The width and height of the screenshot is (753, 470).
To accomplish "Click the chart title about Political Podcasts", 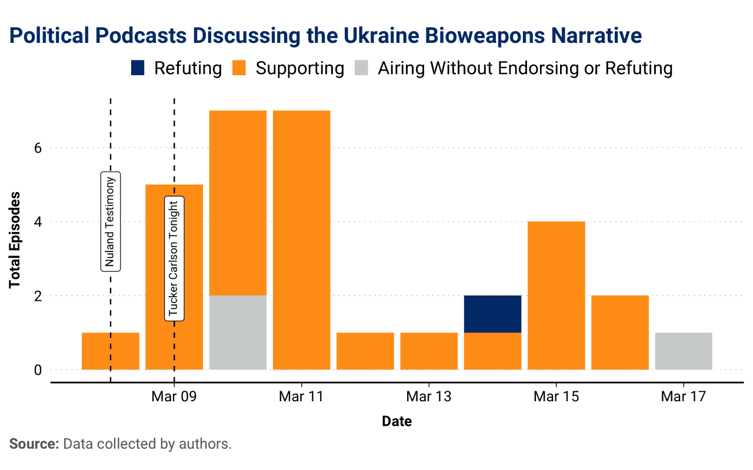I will coord(325,36).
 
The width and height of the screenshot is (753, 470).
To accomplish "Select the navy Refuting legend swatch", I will coord(137,68).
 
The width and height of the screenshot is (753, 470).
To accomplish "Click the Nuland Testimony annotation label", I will coord(111,221).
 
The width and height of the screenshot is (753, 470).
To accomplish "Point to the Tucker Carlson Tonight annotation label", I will coord(174,258).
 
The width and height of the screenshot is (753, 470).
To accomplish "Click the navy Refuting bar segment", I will coord(492,314).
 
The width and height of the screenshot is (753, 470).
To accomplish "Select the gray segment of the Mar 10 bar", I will coord(238,333).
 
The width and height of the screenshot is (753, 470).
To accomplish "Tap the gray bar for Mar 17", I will coord(683,351).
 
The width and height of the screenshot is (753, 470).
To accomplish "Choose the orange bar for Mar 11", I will coord(301,240).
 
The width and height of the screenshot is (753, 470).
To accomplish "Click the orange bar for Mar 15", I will coord(556,296).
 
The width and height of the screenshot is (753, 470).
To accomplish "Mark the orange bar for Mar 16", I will coord(619,333).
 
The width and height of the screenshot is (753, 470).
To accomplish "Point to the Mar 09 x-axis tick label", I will coord(173,397).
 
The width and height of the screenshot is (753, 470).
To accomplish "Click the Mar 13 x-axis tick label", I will coord(428,397).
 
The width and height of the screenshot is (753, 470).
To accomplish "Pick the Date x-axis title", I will coord(397,421).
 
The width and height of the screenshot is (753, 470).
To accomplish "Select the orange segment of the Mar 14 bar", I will coord(492,351).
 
